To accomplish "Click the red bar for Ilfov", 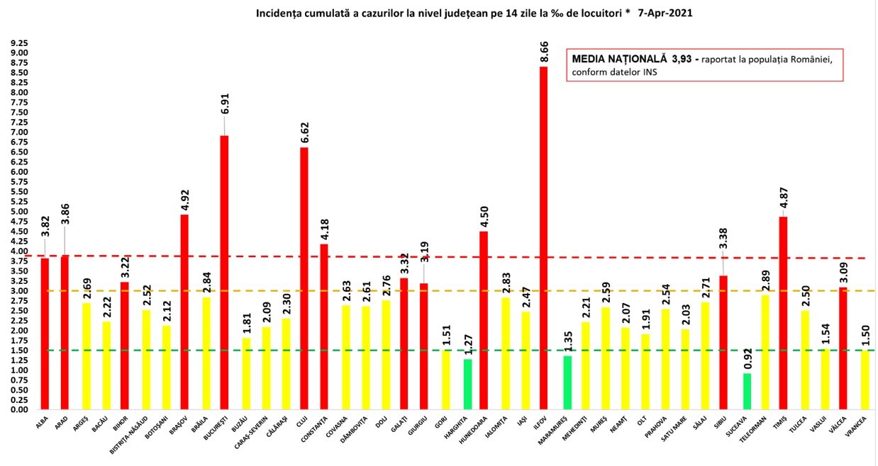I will pos(543,238).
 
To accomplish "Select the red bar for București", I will pos(224,272).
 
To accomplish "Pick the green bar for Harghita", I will pos(467,384).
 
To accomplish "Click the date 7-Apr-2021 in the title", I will pos(664,13).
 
